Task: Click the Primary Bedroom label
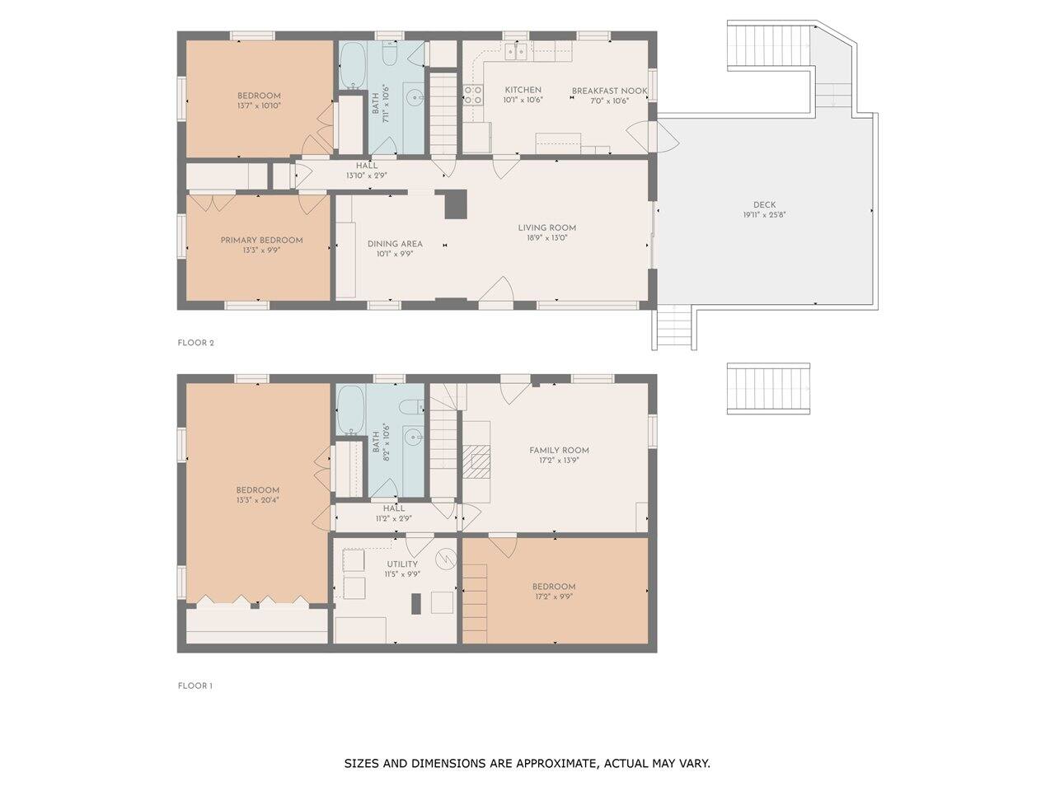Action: (x=261, y=240)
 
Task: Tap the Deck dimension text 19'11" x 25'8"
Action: (x=764, y=215)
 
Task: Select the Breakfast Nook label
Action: (x=609, y=91)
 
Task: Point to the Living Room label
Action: (x=547, y=227)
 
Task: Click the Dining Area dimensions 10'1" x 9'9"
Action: (x=395, y=254)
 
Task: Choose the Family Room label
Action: (x=559, y=451)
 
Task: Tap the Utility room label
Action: (x=402, y=564)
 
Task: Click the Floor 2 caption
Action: (x=195, y=343)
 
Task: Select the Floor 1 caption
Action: (x=195, y=686)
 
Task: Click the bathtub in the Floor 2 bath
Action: (x=352, y=66)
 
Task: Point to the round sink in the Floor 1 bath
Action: (x=412, y=437)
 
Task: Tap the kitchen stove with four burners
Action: (x=473, y=95)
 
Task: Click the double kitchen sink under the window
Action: (x=516, y=51)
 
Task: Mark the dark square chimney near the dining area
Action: (x=455, y=204)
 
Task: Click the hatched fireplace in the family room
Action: (x=477, y=461)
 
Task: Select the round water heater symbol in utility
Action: (x=446, y=558)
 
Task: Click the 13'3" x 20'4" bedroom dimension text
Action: (x=258, y=500)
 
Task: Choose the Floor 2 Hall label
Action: (x=367, y=166)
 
